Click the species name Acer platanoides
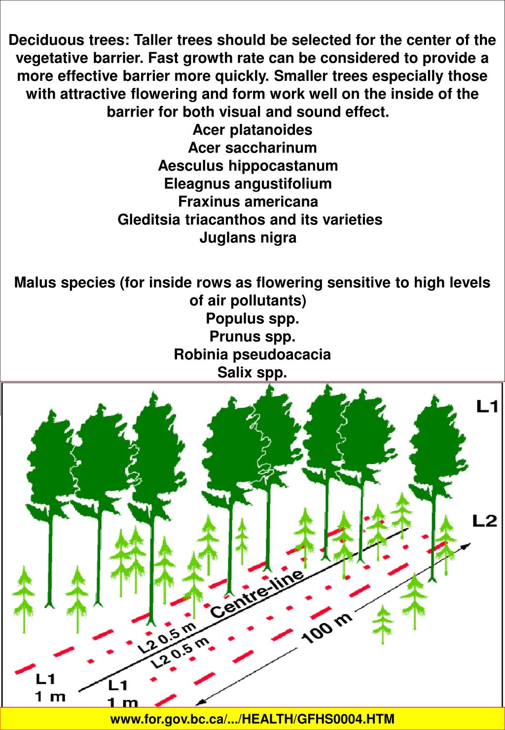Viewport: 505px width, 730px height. (252, 130)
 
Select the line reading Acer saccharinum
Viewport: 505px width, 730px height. (252, 148)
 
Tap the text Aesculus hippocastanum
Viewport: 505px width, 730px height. (248, 166)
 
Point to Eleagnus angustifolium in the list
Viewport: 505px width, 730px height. (248, 184)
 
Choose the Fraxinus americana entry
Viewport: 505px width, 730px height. (248, 202)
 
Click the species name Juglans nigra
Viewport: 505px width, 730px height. (248, 238)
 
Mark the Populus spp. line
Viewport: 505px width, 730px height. (252, 318)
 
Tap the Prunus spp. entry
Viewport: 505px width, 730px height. (252, 337)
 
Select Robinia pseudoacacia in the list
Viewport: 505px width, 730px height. (252, 354)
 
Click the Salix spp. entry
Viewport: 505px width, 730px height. (252, 372)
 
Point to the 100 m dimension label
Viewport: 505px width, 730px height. (326, 628)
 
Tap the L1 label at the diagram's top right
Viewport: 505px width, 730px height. (487, 406)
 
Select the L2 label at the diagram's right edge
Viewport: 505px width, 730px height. (485, 521)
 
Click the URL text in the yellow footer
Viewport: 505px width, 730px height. (252, 719)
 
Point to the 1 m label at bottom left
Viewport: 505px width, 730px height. (49, 697)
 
